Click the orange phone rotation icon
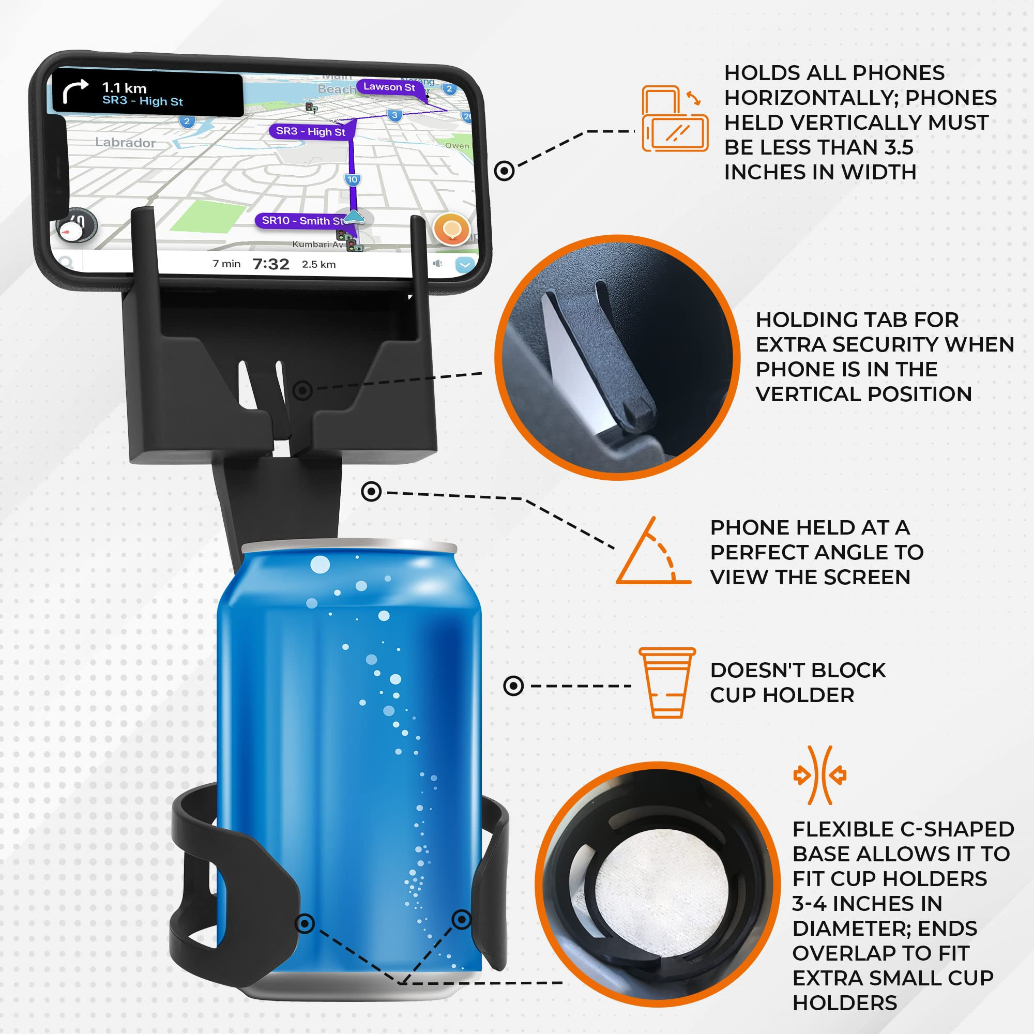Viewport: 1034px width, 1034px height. click(674, 118)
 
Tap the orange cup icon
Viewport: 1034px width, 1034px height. click(667, 682)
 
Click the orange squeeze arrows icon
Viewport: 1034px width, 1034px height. click(819, 775)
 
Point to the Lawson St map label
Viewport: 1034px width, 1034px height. click(389, 87)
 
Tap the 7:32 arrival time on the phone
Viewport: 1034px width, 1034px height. click(271, 264)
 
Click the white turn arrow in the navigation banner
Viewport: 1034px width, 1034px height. click(75, 91)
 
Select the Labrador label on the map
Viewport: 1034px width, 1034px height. click(125, 142)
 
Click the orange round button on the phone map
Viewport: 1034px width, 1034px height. click(452, 229)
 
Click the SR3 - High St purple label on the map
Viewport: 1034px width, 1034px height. click(310, 131)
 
